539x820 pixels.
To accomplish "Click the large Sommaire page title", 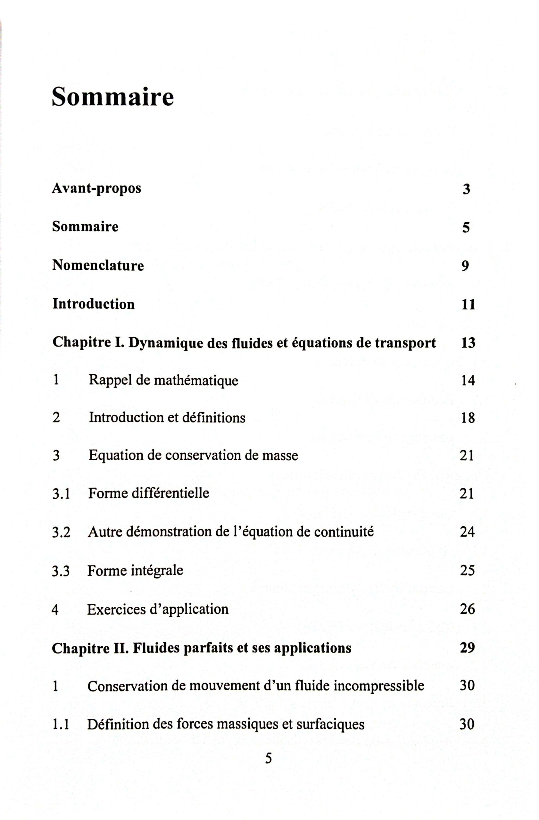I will [x=113, y=96].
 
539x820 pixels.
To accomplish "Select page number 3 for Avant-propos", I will [x=466, y=190].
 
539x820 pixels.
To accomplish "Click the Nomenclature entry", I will [x=98, y=266].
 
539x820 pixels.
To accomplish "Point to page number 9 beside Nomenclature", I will [x=465, y=266].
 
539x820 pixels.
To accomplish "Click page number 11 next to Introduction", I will [x=468, y=305].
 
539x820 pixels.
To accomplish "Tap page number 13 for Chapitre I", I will [x=468, y=343].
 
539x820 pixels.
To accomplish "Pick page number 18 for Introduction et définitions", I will [x=468, y=418].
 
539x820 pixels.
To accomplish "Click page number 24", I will [x=467, y=532].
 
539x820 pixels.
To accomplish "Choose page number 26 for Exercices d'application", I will [x=467, y=610].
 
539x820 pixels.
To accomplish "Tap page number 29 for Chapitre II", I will [x=467, y=648].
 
